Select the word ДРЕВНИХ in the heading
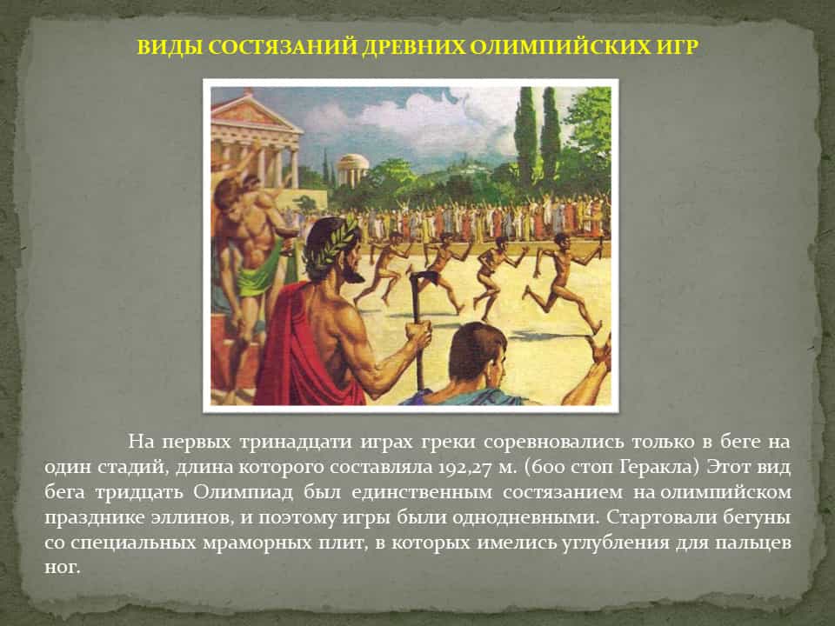click(413, 47)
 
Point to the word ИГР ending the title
click(674, 47)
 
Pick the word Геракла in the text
click(659, 467)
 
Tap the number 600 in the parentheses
click(544, 467)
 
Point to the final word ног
click(63, 568)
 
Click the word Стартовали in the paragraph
click(660, 517)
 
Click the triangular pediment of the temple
click(251, 113)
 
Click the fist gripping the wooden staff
click(418, 334)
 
